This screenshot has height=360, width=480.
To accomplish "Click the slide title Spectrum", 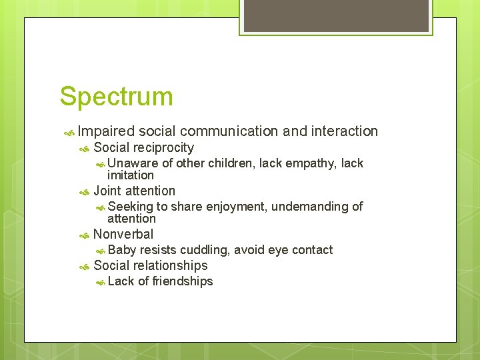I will [x=116, y=96].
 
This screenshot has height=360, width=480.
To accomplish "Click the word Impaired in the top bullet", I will [x=106, y=131].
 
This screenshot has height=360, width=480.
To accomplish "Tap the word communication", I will [x=229, y=131].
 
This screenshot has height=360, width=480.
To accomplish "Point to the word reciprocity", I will [x=163, y=148].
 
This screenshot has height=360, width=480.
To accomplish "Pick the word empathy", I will [x=311, y=163].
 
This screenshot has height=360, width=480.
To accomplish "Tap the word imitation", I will [x=131, y=175].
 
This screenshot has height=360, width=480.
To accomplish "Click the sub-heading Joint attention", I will [x=134, y=191].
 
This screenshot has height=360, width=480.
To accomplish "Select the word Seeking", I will [x=130, y=207].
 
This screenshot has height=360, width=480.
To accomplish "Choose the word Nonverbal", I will [x=123, y=234].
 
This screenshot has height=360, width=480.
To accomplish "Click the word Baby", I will [x=121, y=250].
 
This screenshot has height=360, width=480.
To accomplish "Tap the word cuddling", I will [x=204, y=250].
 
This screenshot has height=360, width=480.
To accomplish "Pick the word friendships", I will [x=183, y=281].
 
